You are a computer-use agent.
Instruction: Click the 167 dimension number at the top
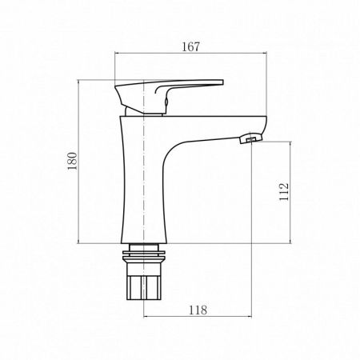pyautogui.click(x=189, y=46)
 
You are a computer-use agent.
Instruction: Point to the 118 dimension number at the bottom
pyautogui.click(x=198, y=309)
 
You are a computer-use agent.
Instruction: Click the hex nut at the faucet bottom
pyautogui.click(x=146, y=283)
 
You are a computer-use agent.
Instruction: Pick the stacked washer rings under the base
pyautogui.click(x=146, y=254)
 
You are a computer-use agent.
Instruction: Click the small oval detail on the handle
pyautogui.click(x=166, y=98)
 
